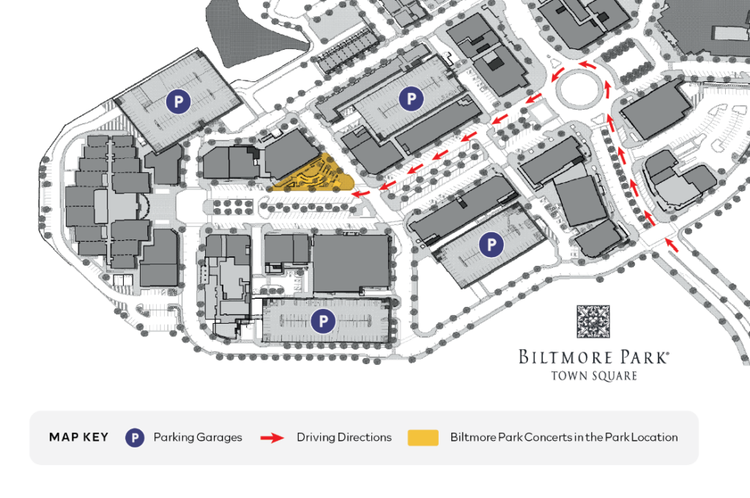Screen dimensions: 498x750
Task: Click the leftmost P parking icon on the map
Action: coord(177,101)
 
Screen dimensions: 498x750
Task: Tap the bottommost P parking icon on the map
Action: coord(322,320)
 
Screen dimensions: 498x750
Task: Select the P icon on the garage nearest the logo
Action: coord(491,245)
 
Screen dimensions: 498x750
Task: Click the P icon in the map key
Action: coord(134,438)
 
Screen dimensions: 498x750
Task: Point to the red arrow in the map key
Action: coord(272,438)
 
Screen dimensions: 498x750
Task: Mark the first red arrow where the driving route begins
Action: coord(671,243)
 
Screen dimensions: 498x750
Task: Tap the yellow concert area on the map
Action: coord(315,176)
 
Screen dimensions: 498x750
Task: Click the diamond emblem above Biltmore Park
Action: coord(593,322)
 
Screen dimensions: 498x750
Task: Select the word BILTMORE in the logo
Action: coord(564,357)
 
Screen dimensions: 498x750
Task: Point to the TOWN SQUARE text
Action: coord(593,376)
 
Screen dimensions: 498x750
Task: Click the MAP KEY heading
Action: coord(78,438)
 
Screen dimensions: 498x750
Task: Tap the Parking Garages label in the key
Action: coord(198,438)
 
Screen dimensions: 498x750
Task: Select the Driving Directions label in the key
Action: coord(344,438)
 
